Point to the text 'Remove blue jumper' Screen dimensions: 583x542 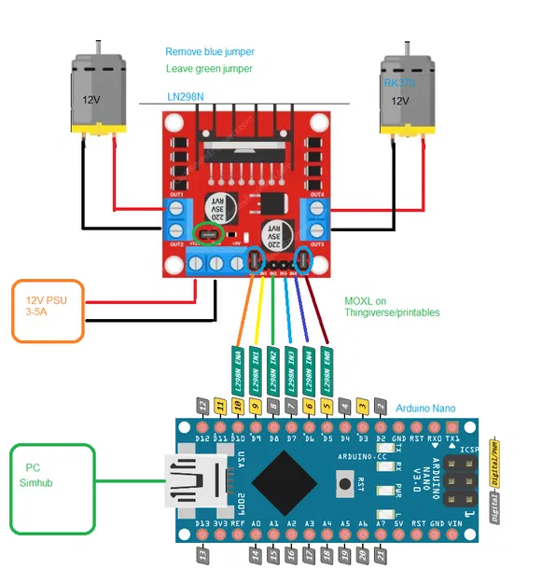(209, 51)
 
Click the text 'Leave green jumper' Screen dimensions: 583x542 (209, 69)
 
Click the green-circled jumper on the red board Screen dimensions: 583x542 (209, 233)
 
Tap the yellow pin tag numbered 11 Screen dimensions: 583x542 (220, 406)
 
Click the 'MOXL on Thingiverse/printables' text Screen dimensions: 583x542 (392, 307)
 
